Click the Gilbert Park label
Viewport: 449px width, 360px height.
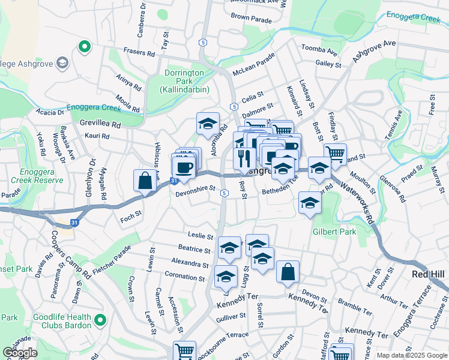click(334, 232)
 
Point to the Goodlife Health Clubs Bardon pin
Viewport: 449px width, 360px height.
click(100, 322)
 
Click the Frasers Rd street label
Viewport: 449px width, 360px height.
click(139, 53)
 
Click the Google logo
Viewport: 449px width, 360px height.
click(20, 353)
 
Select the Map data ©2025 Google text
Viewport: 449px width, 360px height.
click(411, 355)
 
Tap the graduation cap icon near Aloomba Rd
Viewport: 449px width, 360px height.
click(208, 124)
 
